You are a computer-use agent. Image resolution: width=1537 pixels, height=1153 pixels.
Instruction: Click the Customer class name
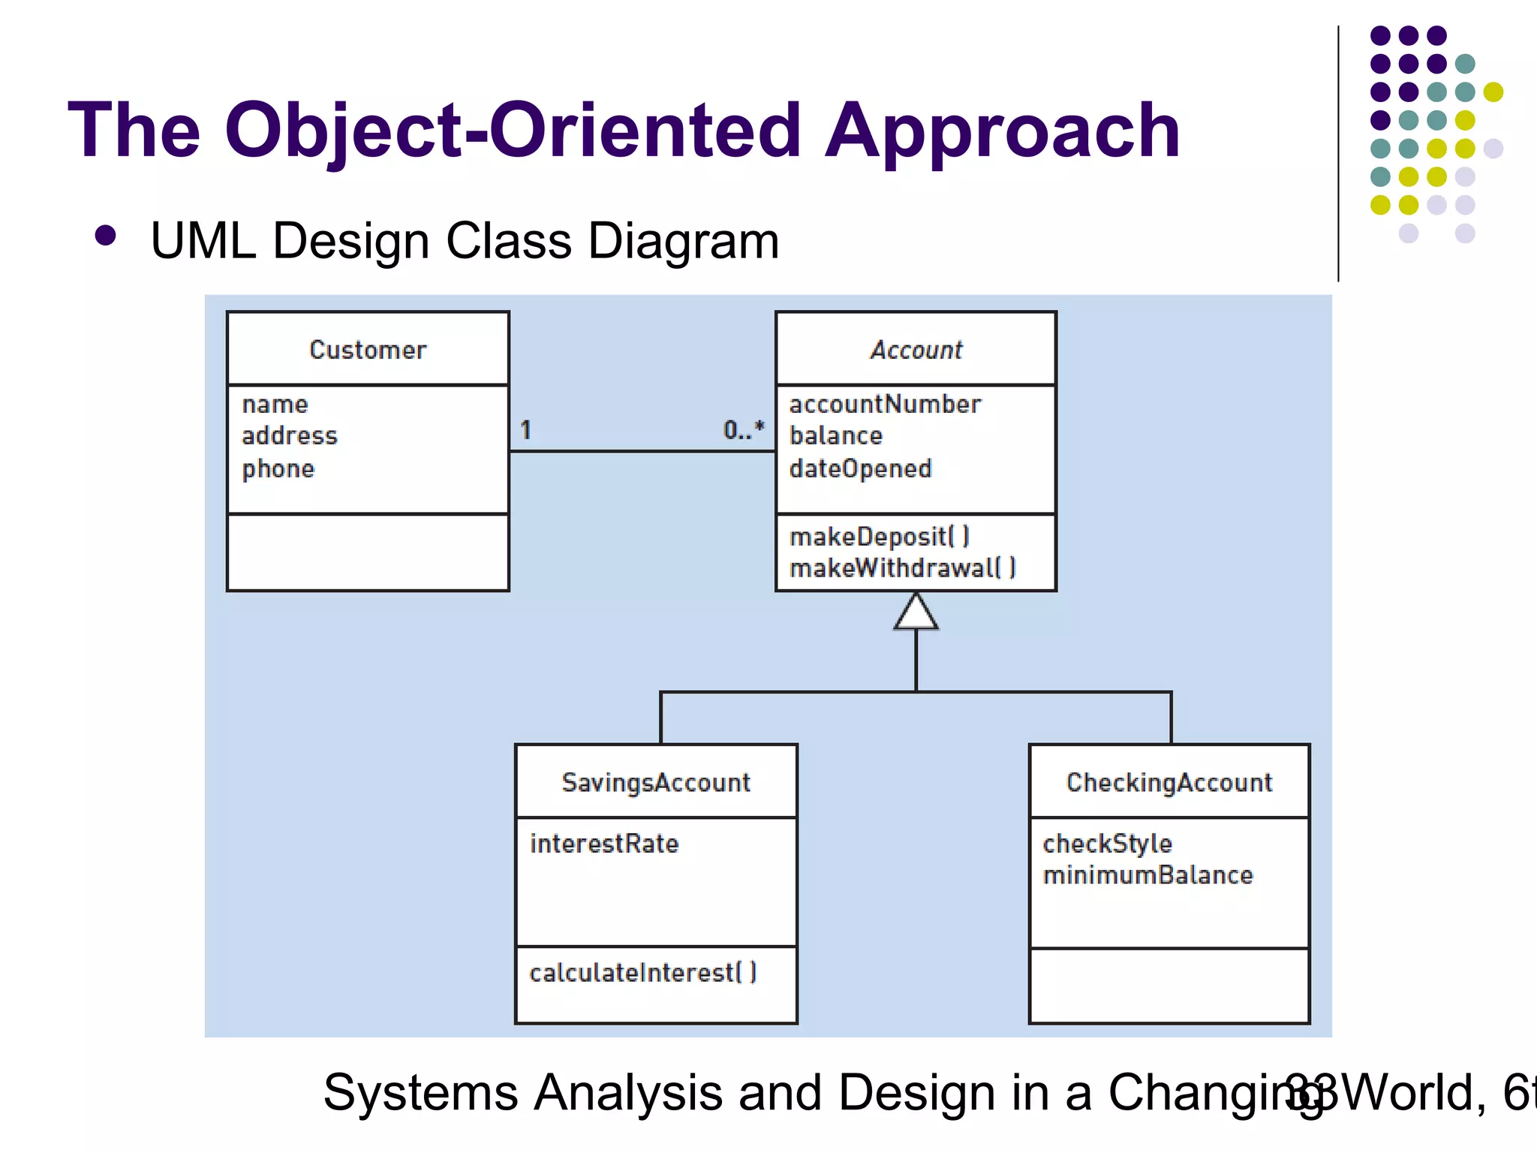[x=368, y=350]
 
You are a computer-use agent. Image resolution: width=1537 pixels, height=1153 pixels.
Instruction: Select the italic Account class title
[x=916, y=350]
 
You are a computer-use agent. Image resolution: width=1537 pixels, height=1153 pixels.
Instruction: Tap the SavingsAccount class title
[x=656, y=783]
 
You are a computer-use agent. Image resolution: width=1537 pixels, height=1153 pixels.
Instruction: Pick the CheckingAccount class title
[x=1169, y=783]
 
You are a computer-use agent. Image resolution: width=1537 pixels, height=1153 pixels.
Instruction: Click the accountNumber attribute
[x=885, y=405]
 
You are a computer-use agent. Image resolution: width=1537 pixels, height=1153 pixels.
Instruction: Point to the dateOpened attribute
[x=860, y=469]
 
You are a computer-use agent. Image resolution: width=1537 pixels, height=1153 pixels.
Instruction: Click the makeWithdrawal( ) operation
[x=902, y=568]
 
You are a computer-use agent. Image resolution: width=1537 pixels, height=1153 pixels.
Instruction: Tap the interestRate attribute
[x=604, y=844]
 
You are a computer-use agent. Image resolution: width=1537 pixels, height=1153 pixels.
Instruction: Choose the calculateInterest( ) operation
[x=643, y=973]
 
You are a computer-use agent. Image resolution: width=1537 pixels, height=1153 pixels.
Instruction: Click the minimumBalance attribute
[x=1147, y=875]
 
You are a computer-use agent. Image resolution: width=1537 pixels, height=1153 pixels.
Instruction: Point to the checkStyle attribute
[x=1107, y=844]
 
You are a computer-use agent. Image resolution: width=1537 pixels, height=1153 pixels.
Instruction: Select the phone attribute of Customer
[x=278, y=469]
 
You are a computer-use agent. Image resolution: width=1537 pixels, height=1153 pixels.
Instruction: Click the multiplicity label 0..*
[x=743, y=429]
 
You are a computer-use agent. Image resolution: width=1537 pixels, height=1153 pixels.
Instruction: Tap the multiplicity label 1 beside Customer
[x=526, y=430]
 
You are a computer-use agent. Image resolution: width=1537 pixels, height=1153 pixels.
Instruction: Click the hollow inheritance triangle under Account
[x=916, y=613]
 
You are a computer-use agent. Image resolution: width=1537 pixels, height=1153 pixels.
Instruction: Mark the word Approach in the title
[x=1003, y=131]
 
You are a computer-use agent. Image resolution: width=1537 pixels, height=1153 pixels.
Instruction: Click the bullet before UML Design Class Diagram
[x=106, y=236]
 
